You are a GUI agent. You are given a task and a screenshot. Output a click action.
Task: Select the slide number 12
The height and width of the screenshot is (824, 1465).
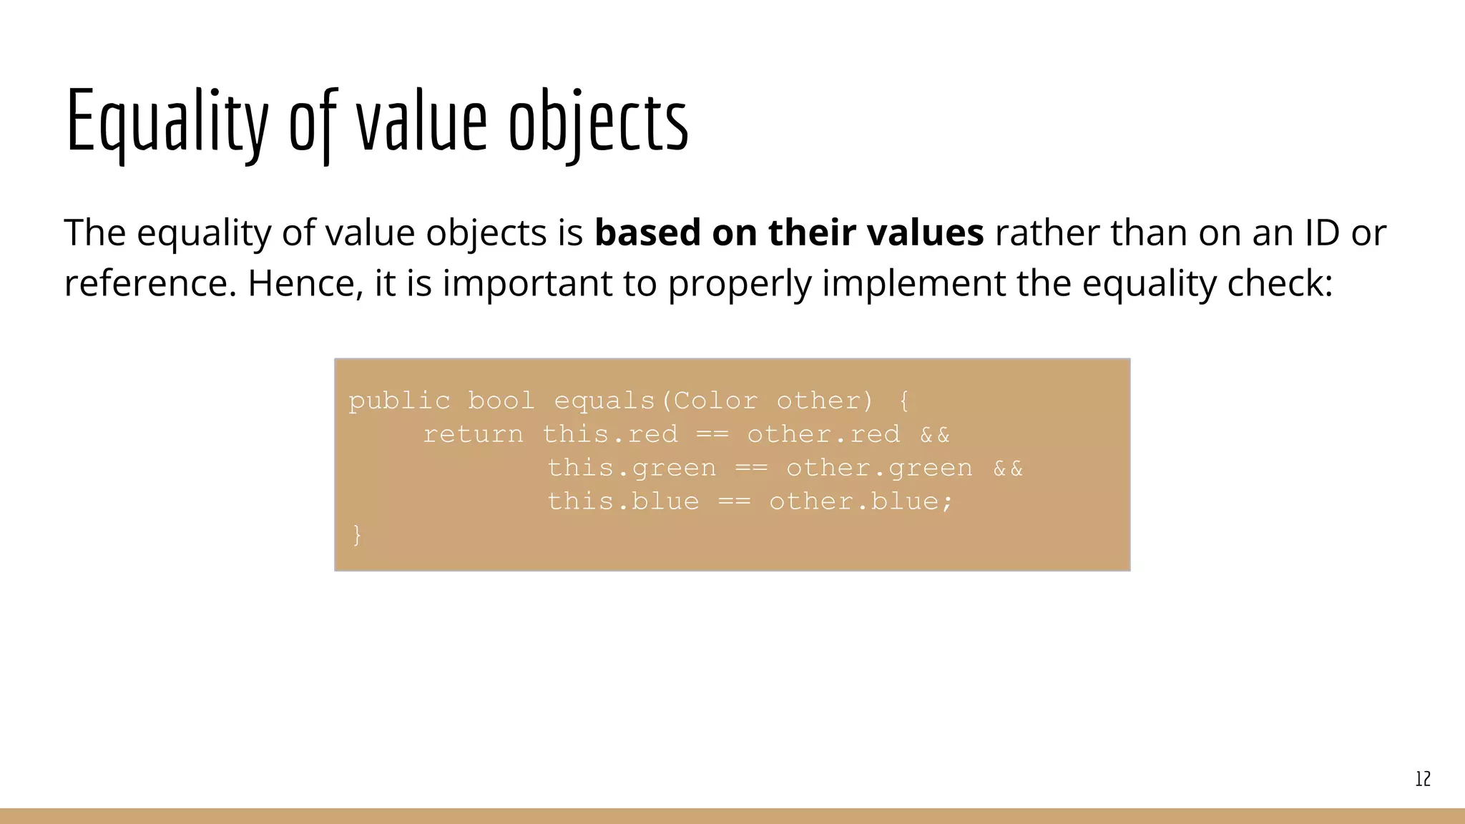pos(1423,779)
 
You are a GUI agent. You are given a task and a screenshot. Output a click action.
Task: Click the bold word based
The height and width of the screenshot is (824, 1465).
pos(647,232)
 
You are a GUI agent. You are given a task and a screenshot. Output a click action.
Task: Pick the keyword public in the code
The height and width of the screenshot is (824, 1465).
pos(400,401)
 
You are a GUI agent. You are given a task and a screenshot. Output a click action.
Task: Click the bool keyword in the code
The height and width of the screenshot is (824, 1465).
pos(501,401)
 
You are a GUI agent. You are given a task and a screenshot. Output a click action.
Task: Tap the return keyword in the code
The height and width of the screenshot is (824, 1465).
pos(473,435)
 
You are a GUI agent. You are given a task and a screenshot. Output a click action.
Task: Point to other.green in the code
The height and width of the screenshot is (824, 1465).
pos(879,469)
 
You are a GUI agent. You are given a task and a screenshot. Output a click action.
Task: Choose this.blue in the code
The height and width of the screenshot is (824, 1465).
pos(623,501)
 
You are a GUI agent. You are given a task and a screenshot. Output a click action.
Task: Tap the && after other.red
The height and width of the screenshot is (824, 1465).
pos(935,435)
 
